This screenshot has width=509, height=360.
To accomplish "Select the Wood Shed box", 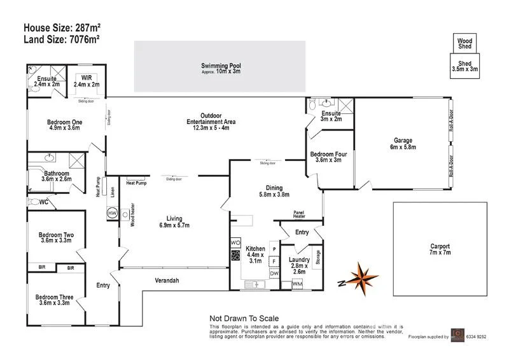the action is [465, 43].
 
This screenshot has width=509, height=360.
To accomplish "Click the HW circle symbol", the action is [112, 213].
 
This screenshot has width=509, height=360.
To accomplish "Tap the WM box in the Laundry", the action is [297, 284].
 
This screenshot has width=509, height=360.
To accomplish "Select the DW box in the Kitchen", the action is [274, 273].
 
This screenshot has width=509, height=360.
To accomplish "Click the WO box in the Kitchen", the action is [234, 244].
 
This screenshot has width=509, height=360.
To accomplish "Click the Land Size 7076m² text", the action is [62, 39].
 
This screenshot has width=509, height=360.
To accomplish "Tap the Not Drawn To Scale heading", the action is [244, 319].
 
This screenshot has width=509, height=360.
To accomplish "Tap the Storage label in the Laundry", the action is [318, 260].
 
